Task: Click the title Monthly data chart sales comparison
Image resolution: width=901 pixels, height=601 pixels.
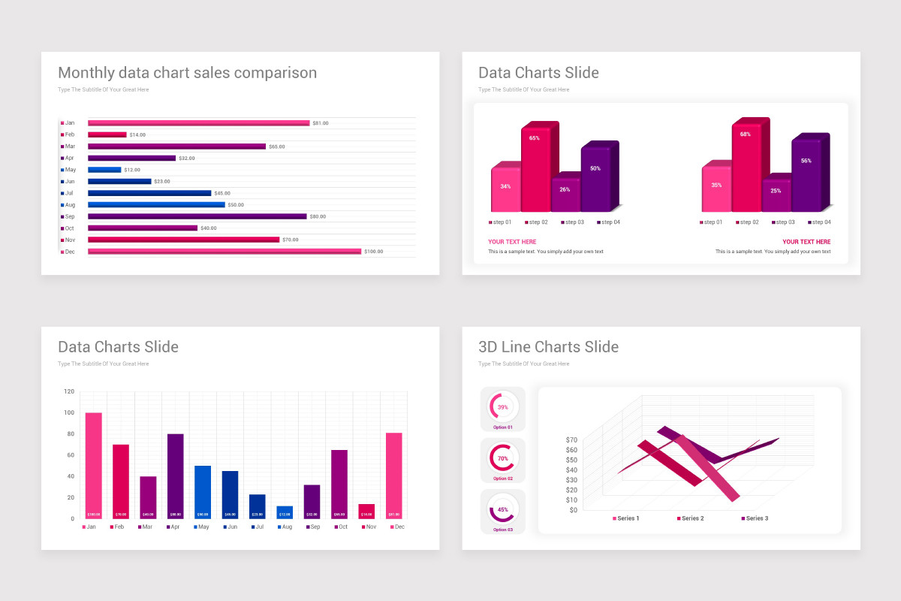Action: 187,73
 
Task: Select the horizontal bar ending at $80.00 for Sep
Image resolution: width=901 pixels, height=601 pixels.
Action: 197,216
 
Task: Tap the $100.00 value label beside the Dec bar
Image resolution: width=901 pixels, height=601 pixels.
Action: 373,252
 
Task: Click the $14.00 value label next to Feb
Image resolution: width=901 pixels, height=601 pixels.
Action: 137,134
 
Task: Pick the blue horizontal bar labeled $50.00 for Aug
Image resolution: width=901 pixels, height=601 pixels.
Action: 156,204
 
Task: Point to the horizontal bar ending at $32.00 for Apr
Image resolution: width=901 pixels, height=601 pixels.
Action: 131,158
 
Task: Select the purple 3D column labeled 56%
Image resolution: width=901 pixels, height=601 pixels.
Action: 806,174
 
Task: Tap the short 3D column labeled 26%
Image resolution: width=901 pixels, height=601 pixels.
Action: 565,195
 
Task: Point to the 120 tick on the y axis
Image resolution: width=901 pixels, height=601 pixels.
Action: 69,391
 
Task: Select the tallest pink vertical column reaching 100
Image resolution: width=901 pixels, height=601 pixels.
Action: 93,465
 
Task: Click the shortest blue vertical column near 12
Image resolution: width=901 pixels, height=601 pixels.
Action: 285,512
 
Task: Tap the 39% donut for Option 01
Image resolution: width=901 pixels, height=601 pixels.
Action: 502,406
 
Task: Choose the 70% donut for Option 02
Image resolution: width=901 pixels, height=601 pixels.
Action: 502,458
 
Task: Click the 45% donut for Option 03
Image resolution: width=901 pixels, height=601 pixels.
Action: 502,509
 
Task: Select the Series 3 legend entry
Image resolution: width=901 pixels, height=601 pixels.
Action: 755,518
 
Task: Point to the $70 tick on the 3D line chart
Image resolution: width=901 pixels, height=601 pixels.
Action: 572,439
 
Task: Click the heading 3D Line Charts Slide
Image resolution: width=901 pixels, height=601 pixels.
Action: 548,347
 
